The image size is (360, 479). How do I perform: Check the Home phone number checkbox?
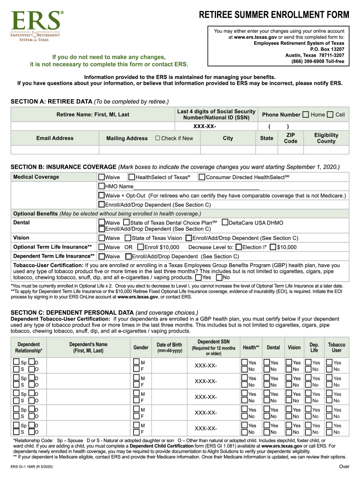tap(306, 115)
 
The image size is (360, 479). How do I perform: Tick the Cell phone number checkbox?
tap(331, 115)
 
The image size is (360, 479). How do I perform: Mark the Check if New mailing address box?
tap(158, 138)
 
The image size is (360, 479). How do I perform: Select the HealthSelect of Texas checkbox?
tap(132, 177)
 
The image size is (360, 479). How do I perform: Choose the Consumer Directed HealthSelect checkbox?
tap(202, 177)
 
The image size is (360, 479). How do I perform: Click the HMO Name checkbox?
tap(101, 186)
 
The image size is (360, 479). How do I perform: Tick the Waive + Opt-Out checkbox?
tap(101, 196)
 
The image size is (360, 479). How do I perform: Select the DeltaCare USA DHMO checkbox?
tap(225, 223)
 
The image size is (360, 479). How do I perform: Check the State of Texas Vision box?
tap(128, 238)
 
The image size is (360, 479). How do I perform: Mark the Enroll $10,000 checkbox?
tap(140, 247)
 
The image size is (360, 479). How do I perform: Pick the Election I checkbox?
tap(239, 247)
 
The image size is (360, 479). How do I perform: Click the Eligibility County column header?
tap(326, 138)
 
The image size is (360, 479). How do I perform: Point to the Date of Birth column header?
tap(169, 348)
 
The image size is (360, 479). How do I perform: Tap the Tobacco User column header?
tap(336, 348)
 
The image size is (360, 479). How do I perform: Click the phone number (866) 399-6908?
tap(317, 61)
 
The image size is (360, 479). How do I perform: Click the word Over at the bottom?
tap(344, 467)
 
